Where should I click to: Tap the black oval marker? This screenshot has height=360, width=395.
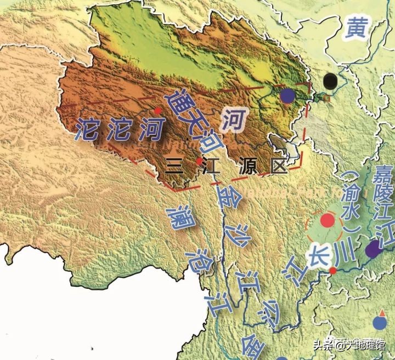coord(330,82)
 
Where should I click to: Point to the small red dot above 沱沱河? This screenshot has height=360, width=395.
coord(158,111)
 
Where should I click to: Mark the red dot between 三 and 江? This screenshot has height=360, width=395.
coord(199,162)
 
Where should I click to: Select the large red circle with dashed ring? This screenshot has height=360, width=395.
coord(328,221)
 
